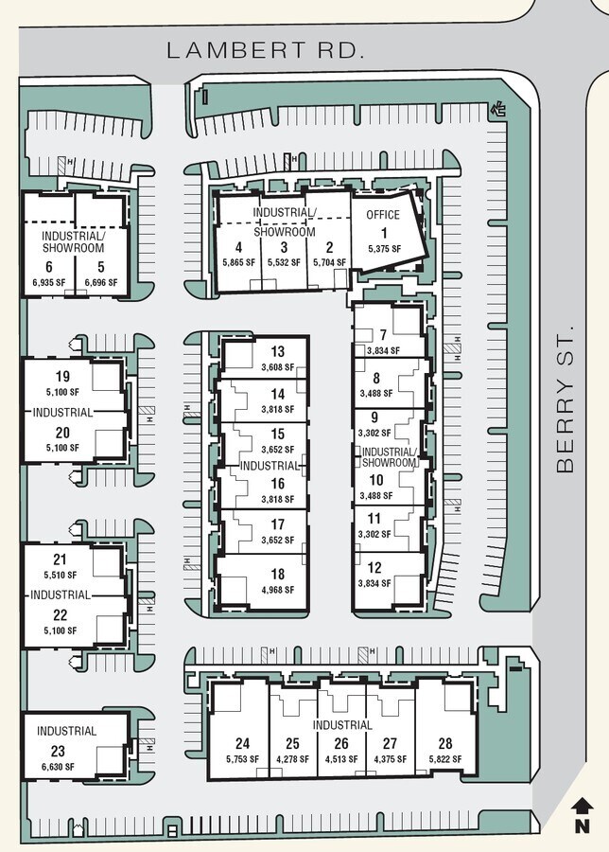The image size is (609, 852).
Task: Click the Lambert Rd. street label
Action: (x=266, y=50)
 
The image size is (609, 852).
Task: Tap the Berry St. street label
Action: (x=565, y=400)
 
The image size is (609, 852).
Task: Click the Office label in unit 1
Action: (x=383, y=215)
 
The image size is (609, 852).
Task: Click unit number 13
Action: (x=277, y=352)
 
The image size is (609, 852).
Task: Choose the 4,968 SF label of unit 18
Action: (x=277, y=590)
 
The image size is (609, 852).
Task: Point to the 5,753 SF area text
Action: (x=243, y=759)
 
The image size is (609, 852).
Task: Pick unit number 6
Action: (x=48, y=266)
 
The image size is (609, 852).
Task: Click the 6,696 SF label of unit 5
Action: (x=100, y=282)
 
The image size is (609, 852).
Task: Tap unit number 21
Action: (x=60, y=559)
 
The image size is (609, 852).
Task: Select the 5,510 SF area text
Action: (x=60, y=574)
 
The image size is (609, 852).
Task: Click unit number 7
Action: (x=383, y=335)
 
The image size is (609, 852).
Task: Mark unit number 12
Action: (x=374, y=568)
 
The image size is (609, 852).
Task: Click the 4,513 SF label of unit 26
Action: (x=341, y=759)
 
